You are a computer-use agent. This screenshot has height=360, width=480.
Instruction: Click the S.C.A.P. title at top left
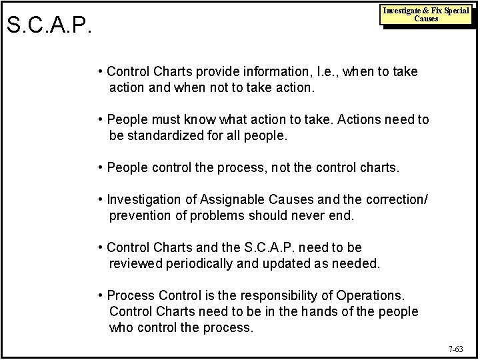47,27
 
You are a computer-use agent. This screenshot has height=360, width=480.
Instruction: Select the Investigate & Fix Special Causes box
425,15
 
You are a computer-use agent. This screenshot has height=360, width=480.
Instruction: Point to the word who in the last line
121,328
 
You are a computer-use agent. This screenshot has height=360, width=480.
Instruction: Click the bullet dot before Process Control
100,295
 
